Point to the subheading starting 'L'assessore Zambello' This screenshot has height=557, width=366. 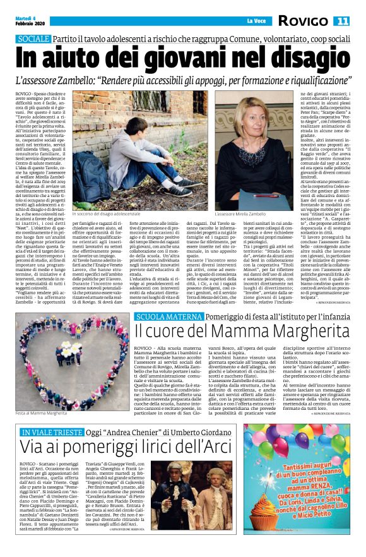[x=183, y=81]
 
